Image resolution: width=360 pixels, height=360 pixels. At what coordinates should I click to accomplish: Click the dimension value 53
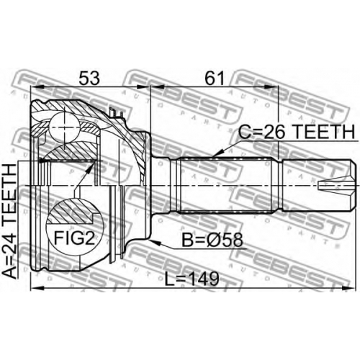pyautogui.click(x=89, y=78)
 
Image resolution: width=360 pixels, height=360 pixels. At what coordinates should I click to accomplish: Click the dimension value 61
pyautogui.click(x=215, y=78)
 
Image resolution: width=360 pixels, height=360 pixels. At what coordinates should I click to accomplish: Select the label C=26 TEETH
pyautogui.click(x=297, y=132)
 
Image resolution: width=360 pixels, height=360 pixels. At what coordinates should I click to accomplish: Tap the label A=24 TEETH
pyautogui.click(x=9, y=221)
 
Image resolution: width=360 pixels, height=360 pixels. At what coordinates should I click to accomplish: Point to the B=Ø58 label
pyautogui.click(x=212, y=240)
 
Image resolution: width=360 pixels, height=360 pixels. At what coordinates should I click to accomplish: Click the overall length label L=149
pyautogui.click(x=192, y=279)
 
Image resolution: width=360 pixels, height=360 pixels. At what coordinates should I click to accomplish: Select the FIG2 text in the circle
pyautogui.click(x=74, y=238)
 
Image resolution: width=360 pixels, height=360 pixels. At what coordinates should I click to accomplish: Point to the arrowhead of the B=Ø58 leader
pyautogui.click(x=155, y=243)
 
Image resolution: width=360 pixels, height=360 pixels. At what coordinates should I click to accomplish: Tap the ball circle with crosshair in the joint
pyautogui.click(x=64, y=127)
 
